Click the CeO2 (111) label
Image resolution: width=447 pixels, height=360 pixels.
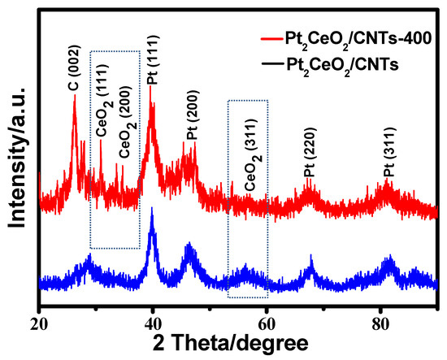101,115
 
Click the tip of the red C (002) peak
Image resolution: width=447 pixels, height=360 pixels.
74,95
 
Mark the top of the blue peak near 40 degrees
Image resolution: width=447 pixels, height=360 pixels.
152,209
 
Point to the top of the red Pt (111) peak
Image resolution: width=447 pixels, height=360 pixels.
150,85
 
